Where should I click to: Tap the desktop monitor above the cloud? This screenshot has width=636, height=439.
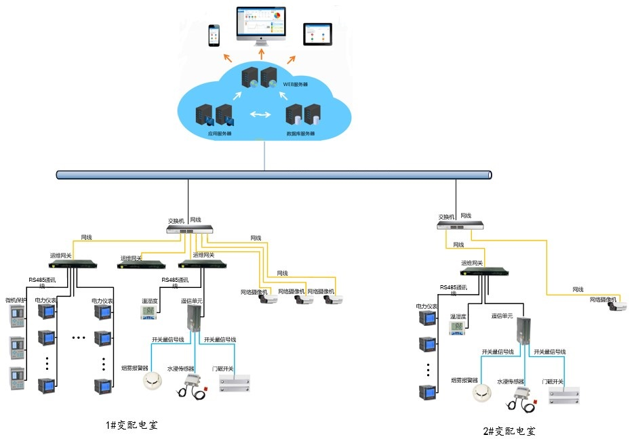click(x=261, y=23)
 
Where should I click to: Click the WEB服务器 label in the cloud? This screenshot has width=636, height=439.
click(x=295, y=85)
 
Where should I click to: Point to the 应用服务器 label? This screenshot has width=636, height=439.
click(x=219, y=133)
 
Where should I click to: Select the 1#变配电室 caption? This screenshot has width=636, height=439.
click(x=136, y=425)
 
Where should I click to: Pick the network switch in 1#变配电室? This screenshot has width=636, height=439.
click(x=190, y=230)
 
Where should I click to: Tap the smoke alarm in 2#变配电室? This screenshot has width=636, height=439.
click(x=483, y=393)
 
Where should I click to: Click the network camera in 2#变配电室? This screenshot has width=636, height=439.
click(x=618, y=306)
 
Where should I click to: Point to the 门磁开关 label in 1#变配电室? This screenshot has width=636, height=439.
click(x=222, y=369)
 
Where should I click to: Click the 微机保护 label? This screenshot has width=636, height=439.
click(x=16, y=300)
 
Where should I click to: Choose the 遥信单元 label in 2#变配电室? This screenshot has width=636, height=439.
click(x=503, y=315)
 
